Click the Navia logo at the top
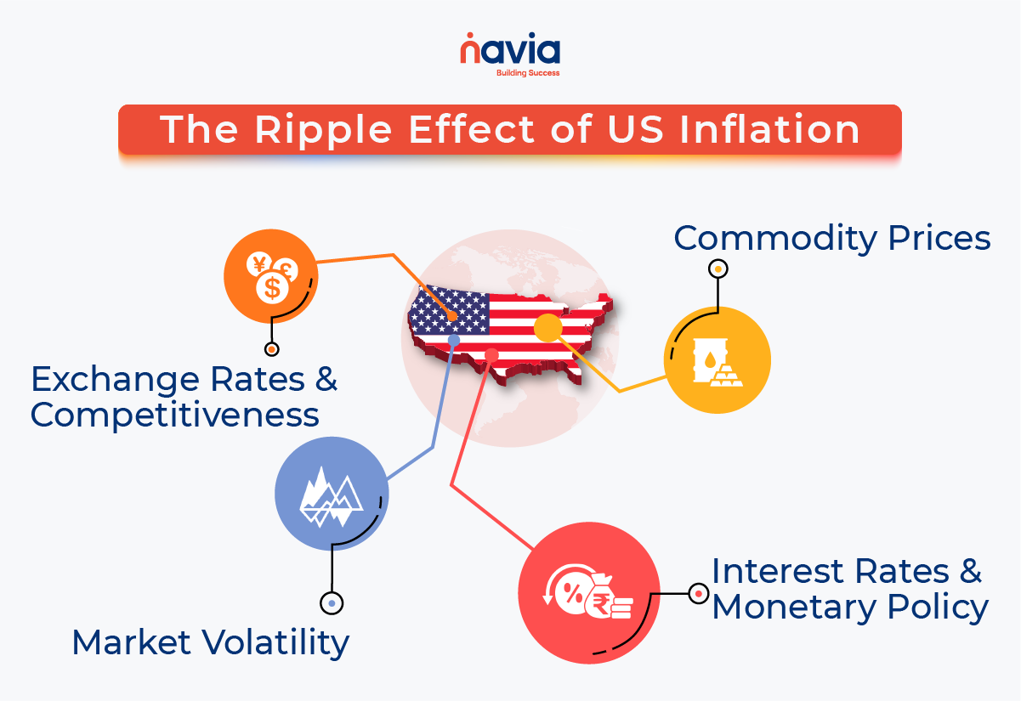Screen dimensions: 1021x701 (x=510, y=54)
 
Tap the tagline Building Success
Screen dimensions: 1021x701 (x=528, y=73)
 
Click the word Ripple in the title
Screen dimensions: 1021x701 (x=323, y=131)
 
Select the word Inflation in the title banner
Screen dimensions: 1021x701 (x=769, y=129)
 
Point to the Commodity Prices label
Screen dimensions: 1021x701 (x=831, y=239)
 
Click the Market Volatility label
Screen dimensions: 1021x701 (x=211, y=642)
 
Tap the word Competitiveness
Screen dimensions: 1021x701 (x=174, y=416)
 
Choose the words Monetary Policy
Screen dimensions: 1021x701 (x=850, y=608)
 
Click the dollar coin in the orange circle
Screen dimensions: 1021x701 (x=272, y=288)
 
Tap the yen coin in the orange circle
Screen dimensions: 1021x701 (x=259, y=264)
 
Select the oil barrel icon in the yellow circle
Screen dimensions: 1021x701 (x=709, y=359)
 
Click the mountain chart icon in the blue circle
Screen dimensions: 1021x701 (x=331, y=496)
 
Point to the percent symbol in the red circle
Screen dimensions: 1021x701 (x=573, y=592)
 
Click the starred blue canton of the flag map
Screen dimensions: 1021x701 (x=449, y=310)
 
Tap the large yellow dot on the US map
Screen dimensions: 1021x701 (x=547, y=327)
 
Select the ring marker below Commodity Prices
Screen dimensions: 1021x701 (x=718, y=269)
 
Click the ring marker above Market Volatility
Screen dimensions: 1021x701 (x=332, y=603)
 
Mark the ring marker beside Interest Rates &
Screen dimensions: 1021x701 (x=698, y=593)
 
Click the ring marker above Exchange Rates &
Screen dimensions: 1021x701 (x=272, y=349)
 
